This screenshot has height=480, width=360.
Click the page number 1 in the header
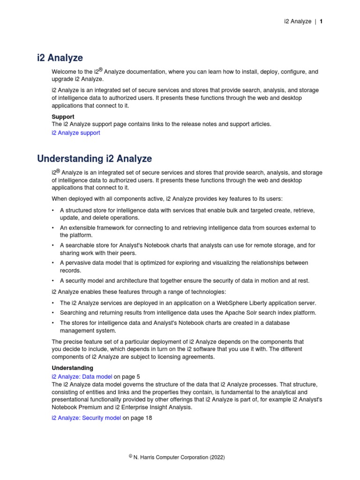pos(321,22)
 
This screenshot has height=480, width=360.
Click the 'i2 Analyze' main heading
pos(60,58)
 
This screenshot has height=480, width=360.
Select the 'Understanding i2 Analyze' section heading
pos(94,159)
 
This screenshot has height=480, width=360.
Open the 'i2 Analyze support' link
pos(75,133)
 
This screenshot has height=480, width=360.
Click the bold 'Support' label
pos(63,117)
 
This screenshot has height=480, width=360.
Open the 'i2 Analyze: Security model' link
pos(86,418)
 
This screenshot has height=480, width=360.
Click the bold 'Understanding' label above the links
pos(72,368)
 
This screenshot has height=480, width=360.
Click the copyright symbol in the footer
pos(131,456)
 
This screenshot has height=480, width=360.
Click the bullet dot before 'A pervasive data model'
pos(54,263)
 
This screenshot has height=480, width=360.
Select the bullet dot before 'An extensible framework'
pos(54,228)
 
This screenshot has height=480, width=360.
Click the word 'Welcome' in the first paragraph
pos(63,72)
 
